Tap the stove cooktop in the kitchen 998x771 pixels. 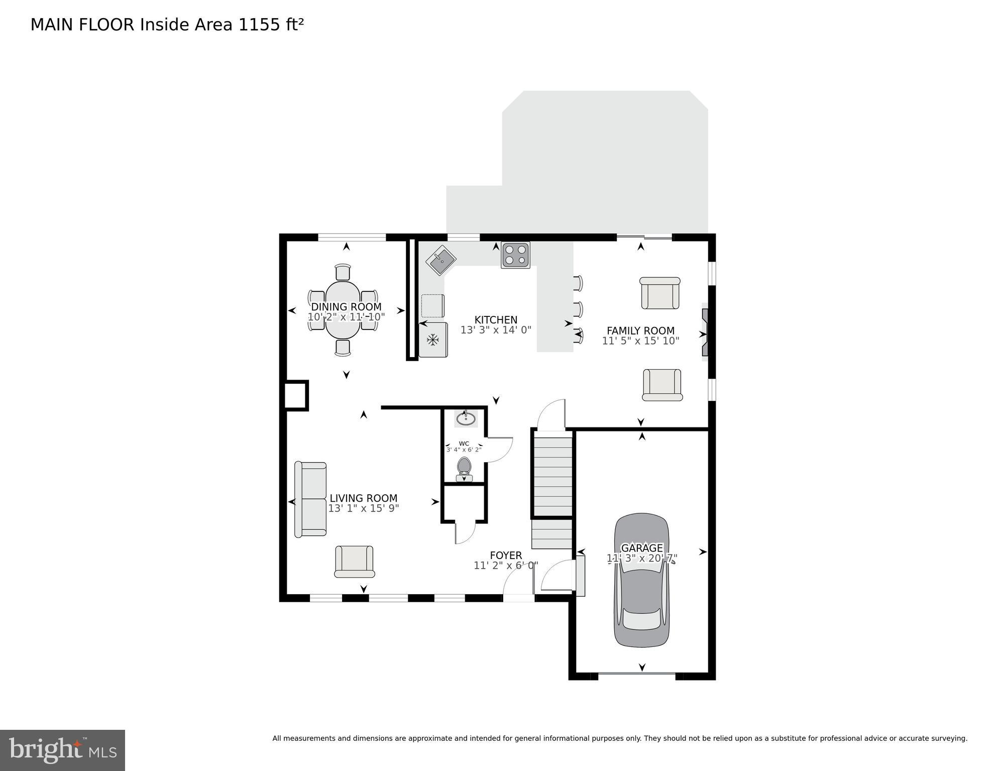[x=515, y=255]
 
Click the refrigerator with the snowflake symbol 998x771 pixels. [x=433, y=340]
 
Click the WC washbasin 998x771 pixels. [x=466, y=418]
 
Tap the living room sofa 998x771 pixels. [x=310, y=499]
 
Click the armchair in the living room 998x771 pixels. [x=354, y=561]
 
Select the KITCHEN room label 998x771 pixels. [x=496, y=320]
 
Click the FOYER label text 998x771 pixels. [x=506, y=556]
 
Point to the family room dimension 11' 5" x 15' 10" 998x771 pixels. [x=640, y=341]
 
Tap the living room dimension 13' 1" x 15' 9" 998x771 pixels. [x=363, y=508]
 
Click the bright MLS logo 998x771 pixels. [x=62, y=750]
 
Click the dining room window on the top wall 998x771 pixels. [x=352, y=237]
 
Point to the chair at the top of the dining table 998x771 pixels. [x=343, y=272]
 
